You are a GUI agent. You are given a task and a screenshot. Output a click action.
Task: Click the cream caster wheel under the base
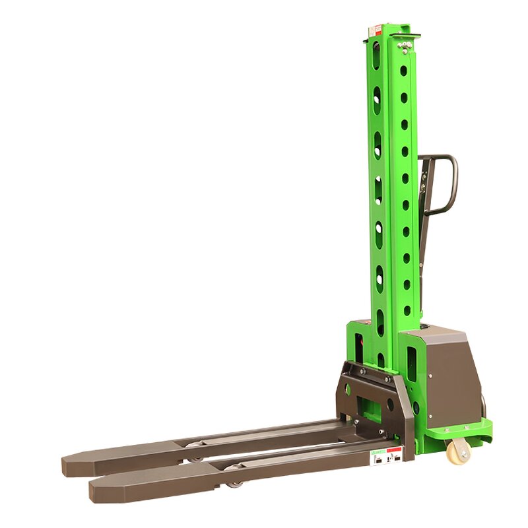(457, 452)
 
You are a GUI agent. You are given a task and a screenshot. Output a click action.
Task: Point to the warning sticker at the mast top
(376, 30)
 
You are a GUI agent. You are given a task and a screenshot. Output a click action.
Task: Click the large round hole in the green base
(416, 407)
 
